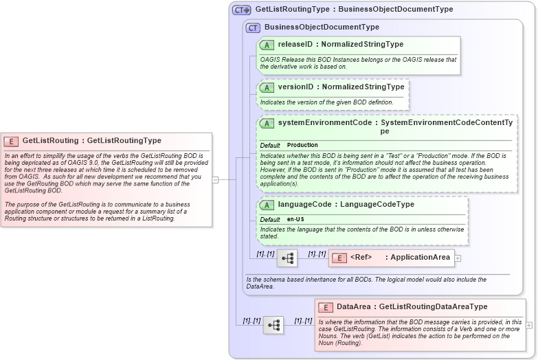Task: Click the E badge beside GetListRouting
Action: pos(11,141)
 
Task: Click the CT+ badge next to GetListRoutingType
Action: pos(241,10)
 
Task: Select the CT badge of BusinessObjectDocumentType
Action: pos(253,27)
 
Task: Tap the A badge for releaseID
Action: pos(267,45)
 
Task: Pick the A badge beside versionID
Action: pos(267,88)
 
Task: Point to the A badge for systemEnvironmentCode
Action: pos(267,123)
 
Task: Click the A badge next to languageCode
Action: pos(267,205)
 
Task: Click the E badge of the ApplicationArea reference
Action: pos(339,258)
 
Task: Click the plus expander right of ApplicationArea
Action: pos(458,258)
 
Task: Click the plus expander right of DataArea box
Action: pos(529,324)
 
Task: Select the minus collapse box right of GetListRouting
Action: pos(215,180)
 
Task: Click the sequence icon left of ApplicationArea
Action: pos(287,258)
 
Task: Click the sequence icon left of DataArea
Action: pos(273,325)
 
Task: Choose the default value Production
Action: pos(302,146)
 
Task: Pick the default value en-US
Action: pos(295,219)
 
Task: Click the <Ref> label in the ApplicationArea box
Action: pos(361,258)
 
